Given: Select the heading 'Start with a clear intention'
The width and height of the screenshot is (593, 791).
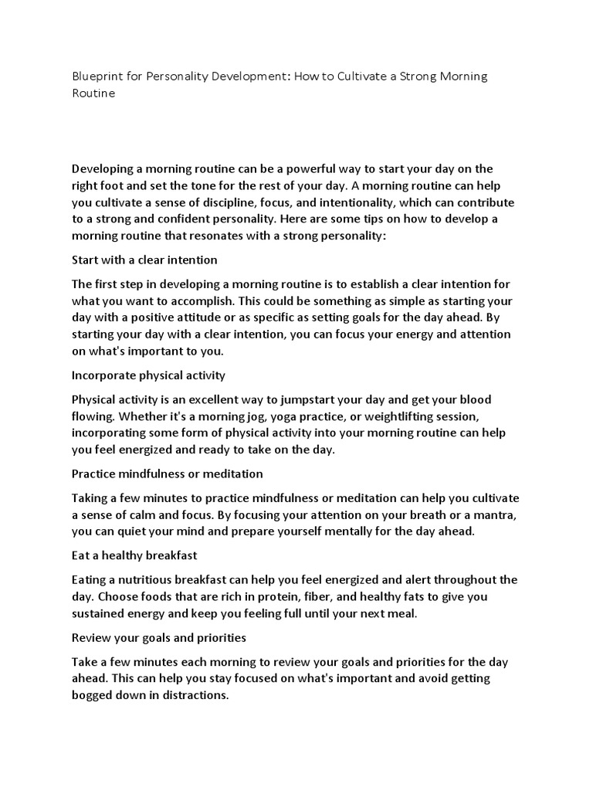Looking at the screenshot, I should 144,259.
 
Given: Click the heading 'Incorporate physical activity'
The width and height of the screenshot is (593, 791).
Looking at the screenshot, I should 148,376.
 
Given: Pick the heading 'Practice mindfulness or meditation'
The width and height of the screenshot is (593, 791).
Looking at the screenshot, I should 168,473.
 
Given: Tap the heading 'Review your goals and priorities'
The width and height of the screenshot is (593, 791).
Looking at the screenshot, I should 159,638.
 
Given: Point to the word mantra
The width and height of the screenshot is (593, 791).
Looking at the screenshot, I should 494,514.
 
